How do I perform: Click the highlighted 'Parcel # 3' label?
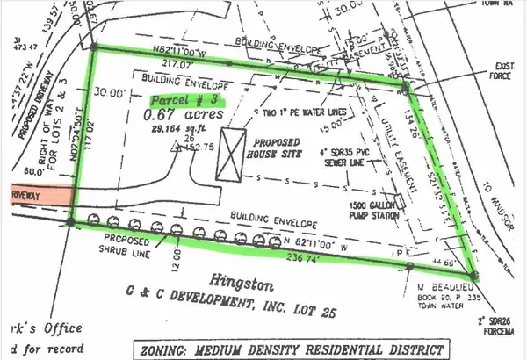[184, 100]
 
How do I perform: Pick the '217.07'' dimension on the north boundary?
[201, 63]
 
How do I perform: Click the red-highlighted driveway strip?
[34, 196]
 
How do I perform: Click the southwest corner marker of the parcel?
[70, 222]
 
